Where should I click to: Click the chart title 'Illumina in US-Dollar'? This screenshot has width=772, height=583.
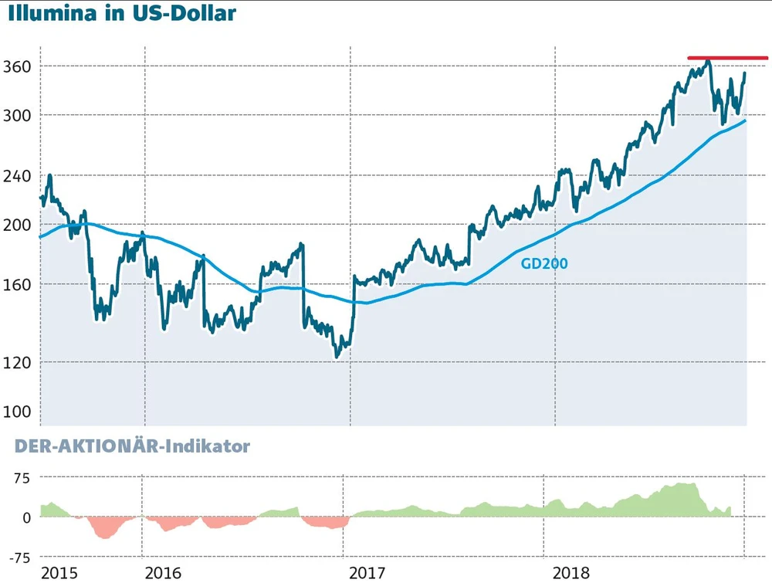(x=122, y=14)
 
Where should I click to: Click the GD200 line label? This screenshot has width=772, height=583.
(x=544, y=263)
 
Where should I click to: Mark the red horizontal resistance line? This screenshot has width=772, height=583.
(x=727, y=58)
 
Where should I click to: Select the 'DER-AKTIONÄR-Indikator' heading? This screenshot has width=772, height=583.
(x=132, y=446)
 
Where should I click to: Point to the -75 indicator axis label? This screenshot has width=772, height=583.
(x=19, y=557)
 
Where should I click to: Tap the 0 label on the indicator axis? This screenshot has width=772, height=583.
(x=26, y=517)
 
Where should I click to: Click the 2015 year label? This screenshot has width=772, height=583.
(x=59, y=573)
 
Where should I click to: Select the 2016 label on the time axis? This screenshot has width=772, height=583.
(x=163, y=573)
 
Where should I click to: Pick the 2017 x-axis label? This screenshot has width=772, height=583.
(x=368, y=573)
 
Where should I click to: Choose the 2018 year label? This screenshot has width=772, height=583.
(x=573, y=573)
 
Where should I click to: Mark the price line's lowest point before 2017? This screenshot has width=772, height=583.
(x=337, y=356)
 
